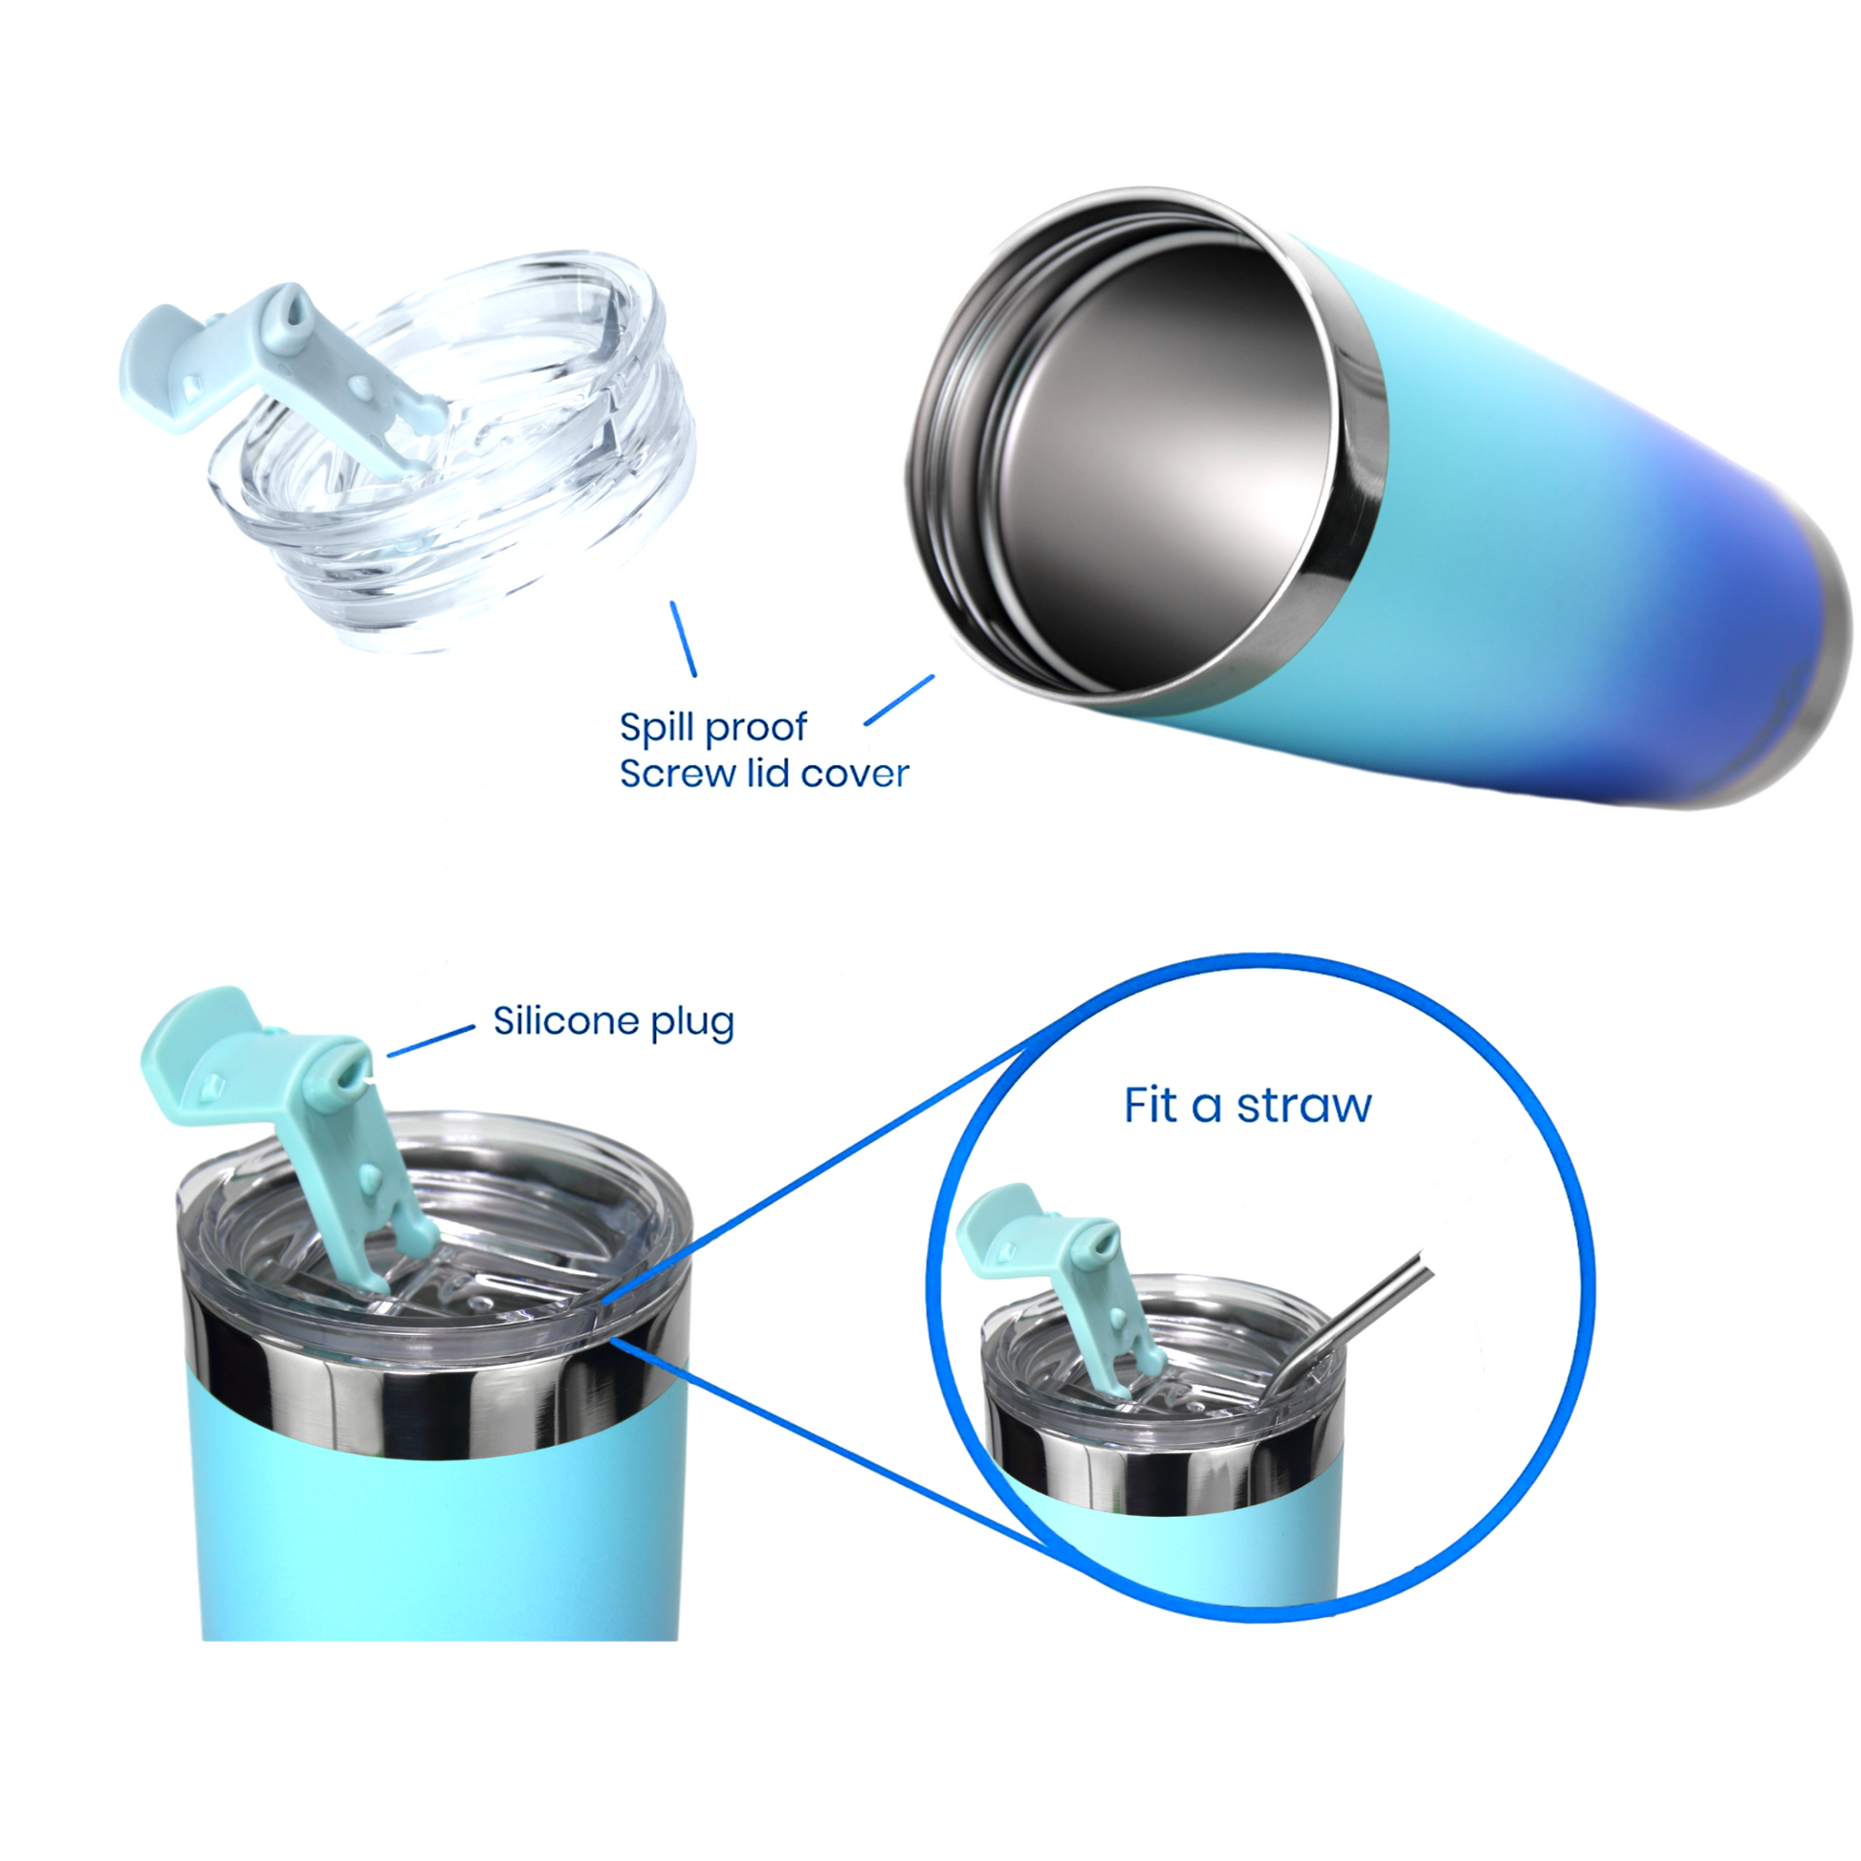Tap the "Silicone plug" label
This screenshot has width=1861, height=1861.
pos(614,1022)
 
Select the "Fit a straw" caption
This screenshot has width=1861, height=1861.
pos(1247,1106)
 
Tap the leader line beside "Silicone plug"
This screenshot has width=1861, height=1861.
pos(430,1040)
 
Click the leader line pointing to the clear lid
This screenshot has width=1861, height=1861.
pos(683,639)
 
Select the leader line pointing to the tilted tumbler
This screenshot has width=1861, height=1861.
pos(900,699)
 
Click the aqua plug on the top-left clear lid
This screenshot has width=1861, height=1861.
pos(284,361)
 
